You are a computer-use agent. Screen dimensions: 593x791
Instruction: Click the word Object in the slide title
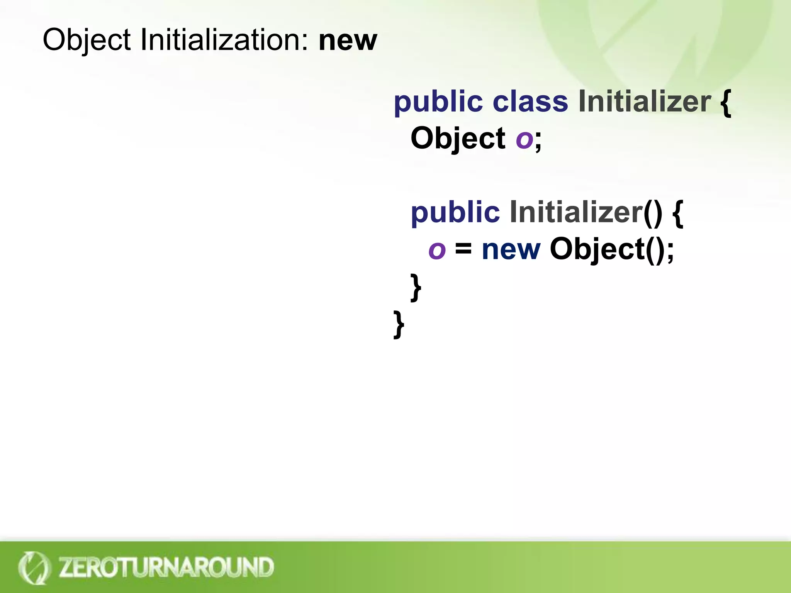pos(87,40)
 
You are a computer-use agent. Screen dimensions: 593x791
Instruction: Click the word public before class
pos(438,103)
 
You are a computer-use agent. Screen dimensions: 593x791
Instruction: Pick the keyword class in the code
pos(530,102)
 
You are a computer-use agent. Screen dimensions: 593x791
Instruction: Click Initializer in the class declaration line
pos(644,102)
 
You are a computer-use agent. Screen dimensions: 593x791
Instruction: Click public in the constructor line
pos(455,213)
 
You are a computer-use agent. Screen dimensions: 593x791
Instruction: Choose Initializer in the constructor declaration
pos(575,212)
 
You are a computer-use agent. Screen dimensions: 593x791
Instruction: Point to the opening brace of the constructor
pos(678,213)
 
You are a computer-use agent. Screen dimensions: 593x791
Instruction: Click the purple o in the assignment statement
pos(437,250)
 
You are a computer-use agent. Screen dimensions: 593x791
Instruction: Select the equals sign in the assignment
pos(463,249)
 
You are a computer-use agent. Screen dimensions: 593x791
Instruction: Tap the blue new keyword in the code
pos(511,250)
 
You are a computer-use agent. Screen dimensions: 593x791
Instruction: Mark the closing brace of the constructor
pos(416,287)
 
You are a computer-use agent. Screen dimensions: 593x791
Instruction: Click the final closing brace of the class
pos(399,324)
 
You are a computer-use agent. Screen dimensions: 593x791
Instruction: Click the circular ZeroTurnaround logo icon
pos(34,568)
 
